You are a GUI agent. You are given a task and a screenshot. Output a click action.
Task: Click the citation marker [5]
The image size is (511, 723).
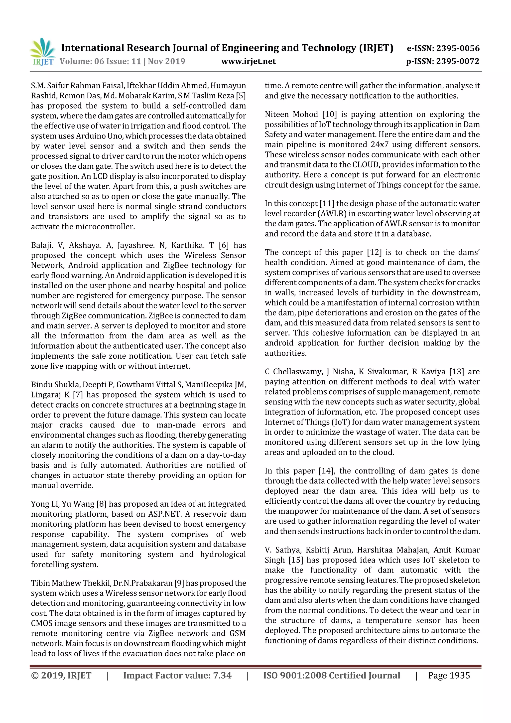(x=241, y=96)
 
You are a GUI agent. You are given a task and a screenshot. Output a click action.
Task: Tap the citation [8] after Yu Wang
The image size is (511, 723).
(x=101, y=504)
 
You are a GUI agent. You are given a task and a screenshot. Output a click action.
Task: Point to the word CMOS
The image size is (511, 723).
(x=41, y=623)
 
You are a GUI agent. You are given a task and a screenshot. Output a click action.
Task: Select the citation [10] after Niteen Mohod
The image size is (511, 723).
(x=329, y=114)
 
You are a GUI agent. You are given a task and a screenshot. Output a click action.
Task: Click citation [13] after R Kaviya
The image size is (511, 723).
(x=457, y=372)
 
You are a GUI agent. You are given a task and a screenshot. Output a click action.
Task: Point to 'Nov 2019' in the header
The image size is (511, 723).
(x=166, y=61)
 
